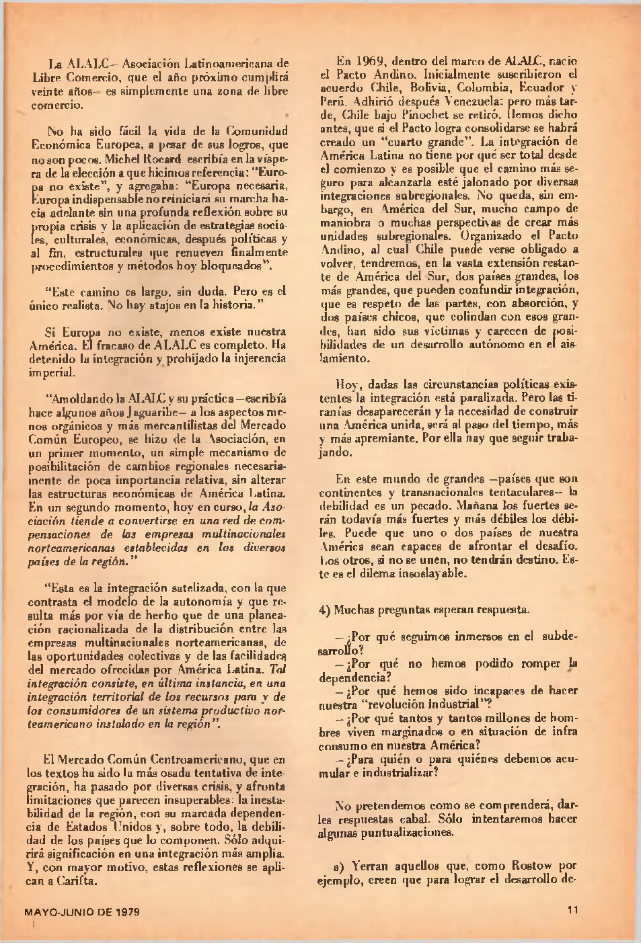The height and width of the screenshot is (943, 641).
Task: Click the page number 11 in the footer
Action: point(572,911)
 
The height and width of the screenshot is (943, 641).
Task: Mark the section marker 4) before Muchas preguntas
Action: point(324,610)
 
